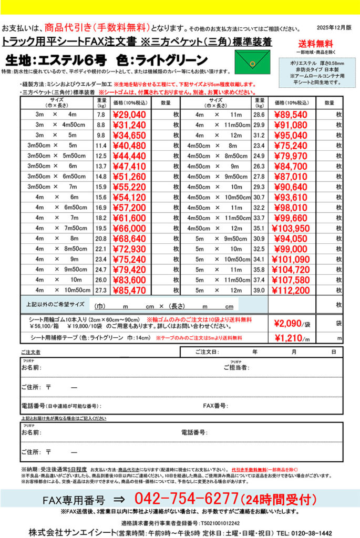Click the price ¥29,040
click(129, 115)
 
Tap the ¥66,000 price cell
click(129, 229)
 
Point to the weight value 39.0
click(259, 290)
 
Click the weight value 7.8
click(101, 115)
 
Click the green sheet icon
click(252, 62)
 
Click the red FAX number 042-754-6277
click(186, 499)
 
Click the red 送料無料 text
click(315, 44)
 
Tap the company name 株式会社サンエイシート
click(71, 532)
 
